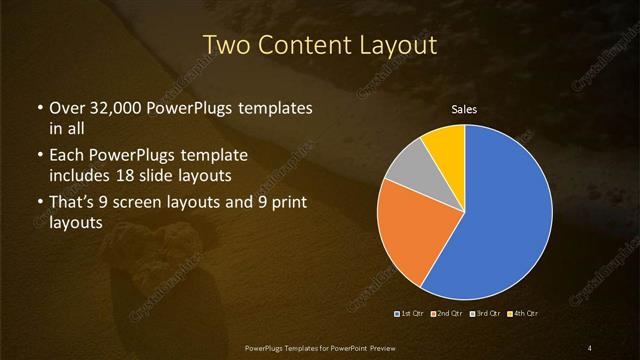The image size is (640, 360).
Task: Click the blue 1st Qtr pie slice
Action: point(500,215)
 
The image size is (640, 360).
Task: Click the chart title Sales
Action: point(464,109)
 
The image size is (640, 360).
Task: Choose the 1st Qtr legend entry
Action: point(410,314)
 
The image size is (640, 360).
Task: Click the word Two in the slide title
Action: point(225,45)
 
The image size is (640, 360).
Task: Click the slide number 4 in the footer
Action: point(590,347)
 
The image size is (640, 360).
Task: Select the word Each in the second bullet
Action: point(67,157)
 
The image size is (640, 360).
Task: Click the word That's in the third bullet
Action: point(74,204)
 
